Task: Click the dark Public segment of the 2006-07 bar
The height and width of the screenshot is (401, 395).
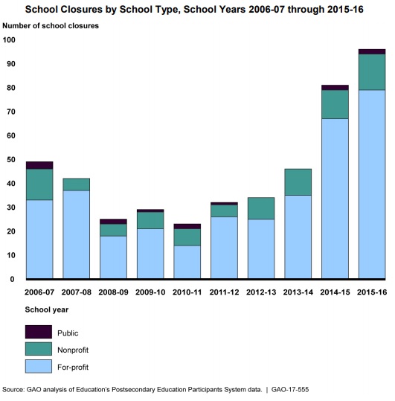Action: (x=39, y=165)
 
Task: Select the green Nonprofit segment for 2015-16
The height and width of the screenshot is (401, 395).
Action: (x=372, y=72)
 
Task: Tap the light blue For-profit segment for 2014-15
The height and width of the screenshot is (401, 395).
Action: (x=335, y=199)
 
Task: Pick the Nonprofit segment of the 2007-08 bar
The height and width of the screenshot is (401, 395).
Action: (x=77, y=185)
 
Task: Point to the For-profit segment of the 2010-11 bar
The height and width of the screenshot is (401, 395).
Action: (x=187, y=262)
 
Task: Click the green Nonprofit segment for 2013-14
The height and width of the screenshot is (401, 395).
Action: (x=298, y=182)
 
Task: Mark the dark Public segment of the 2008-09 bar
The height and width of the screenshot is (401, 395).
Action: (x=114, y=222)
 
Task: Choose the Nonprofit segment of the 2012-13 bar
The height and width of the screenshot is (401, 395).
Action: (x=261, y=208)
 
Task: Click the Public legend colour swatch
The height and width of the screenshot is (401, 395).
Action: (x=39, y=332)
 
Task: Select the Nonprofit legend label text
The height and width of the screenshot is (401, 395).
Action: (x=73, y=350)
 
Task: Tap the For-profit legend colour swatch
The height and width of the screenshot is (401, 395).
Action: (x=39, y=366)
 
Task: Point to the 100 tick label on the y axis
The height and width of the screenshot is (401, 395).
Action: (x=9, y=40)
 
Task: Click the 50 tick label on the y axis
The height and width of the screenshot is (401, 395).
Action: (x=11, y=159)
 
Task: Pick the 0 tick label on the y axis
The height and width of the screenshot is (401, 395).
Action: (x=12, y=279)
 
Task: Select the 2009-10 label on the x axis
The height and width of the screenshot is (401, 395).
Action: (x=150, y=292)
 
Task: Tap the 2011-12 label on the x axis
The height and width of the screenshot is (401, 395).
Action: (x=224, y=292)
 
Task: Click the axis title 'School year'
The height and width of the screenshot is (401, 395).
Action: (x=47, y=309)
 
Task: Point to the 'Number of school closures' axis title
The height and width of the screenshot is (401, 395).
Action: (x=51, y=26)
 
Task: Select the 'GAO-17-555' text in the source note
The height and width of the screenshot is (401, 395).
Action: (x=290, y=390)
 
